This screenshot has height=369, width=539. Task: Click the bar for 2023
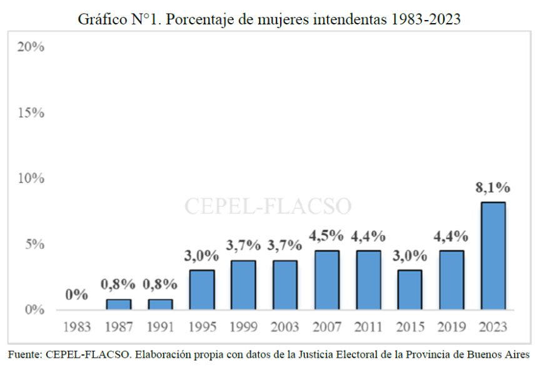point(493,256)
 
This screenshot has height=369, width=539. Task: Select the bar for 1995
point(201,290)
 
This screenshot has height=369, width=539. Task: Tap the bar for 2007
point(326,280)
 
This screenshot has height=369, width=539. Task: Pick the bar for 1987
point(118,304)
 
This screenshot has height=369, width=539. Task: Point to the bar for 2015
point(410,290)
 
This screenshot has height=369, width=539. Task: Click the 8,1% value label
point(493,188)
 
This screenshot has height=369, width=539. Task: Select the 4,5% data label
point(326,236)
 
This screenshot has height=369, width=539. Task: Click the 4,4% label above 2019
point(451,236)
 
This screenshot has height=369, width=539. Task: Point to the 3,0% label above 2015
point(410,256)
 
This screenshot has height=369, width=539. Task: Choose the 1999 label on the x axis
point(243,326)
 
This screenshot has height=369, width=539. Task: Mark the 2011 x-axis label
point(368,326)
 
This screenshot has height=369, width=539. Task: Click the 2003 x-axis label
point(285,326)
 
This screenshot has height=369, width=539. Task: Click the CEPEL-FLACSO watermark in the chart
point(268,206)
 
